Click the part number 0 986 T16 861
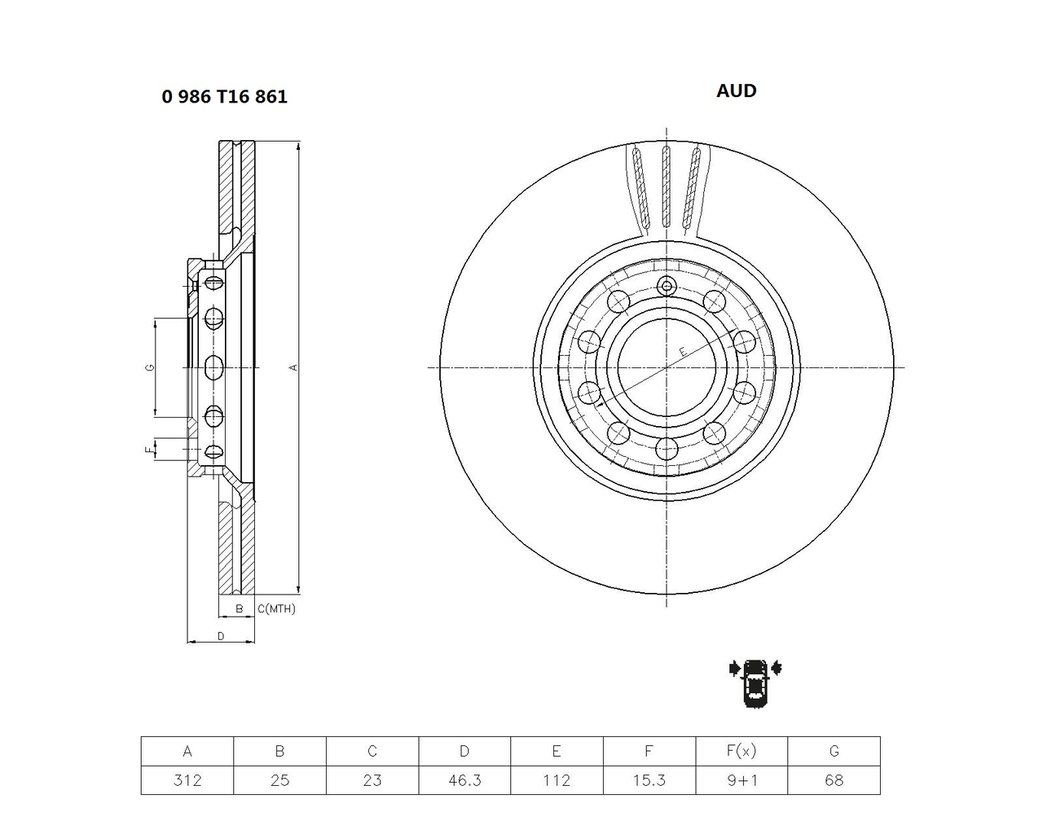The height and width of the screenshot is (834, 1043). pyautogui.click(x=224, y=96)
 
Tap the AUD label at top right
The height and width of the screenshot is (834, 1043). pyautogui.click(x=736, y=91)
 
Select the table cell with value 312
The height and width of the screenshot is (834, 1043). pyautogui.click(x=187, y=779)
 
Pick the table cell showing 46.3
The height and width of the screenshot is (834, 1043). pyautogui.click(x=464, y=779)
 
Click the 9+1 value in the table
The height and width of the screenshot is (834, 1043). pyautogui.click(x=742, y=779)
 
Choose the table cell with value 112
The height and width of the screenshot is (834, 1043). pyautogui.click(x=557, y=779)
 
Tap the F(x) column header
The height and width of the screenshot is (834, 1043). pyautogui.click(x=742, y=751)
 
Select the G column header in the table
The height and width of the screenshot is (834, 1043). pyautogui.click(x=834, y=751)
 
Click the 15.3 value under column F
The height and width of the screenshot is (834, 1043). pyautogui.click(x=649, y=779)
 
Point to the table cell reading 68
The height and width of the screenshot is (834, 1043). pyautogui.click(x=834, y=779)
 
